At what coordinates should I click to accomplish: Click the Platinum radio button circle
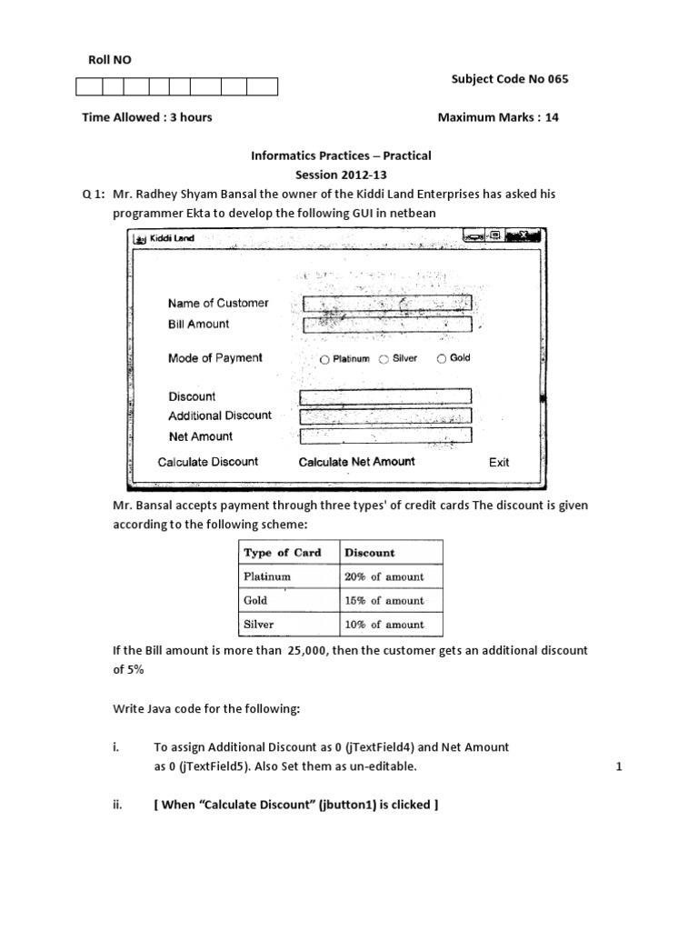coord(324,359)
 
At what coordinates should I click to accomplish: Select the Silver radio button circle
coord(384,359)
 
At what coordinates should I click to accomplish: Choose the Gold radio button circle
coord(443,358)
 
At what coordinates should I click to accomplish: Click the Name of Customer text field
coord(386,303)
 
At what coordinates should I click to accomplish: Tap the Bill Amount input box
coord(386,324)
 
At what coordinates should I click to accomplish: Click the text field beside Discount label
coord(385,396)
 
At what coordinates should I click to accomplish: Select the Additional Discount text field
coord(385,415)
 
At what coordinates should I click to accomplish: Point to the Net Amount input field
coord(385,435)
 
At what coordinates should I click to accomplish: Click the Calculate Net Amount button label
coord(356,462)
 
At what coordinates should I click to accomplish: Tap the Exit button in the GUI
coord(499,462)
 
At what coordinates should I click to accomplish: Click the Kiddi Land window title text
coord(172,238)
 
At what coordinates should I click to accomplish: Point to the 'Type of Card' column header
coord(282,553)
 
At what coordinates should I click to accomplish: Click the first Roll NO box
coord(88,87)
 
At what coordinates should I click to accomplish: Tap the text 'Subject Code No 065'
coord(509,79)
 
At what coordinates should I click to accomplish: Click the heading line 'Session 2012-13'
coord(341,174)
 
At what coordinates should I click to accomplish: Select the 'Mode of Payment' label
coord(215,358)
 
